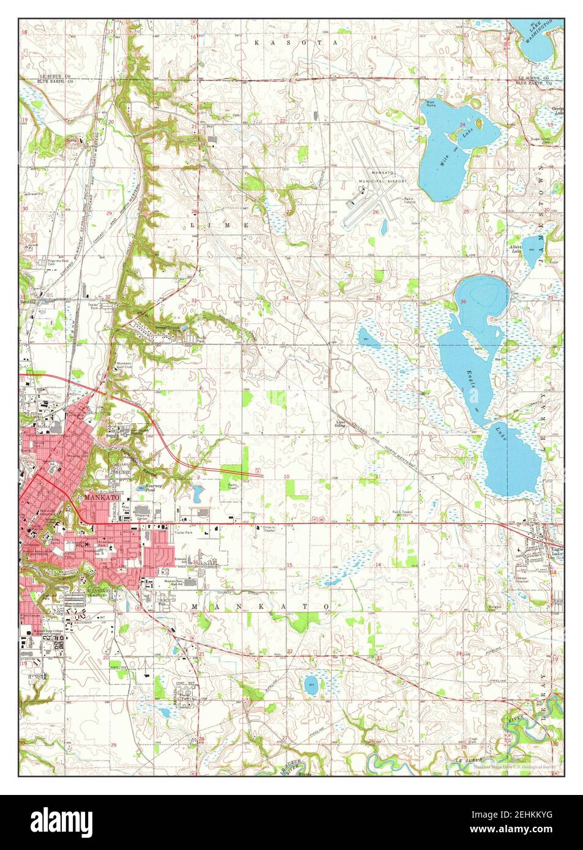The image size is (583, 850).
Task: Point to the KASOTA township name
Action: tap(296, 43)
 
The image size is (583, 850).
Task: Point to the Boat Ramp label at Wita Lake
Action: tap(431, 103)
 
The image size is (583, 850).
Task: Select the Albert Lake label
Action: tap(516, 248)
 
